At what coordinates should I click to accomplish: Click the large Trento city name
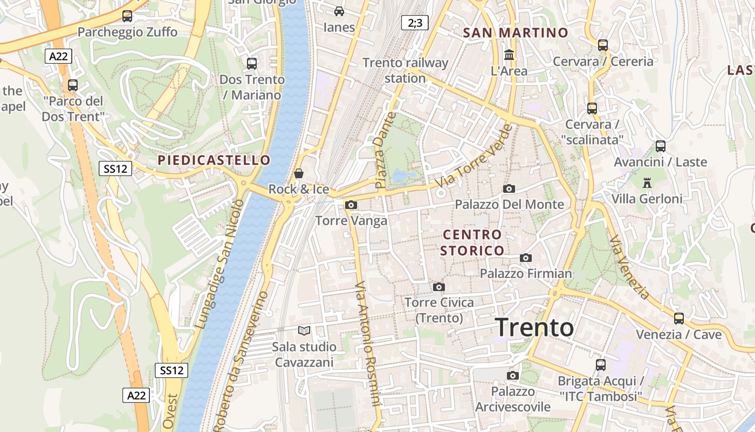pyautogui.click(x=534, y=327)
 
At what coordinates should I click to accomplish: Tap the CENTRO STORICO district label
pyautogui.click(x=472, y=242)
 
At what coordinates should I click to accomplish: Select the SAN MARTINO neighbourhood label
pyautogui.click(x=516, y=32)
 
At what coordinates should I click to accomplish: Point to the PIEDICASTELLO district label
pyautogui.click(x=214, y=160)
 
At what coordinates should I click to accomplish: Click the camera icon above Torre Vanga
pyautogui.click(x=351, y=205)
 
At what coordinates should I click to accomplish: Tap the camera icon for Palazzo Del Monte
pyautogui.click(x=509, y=188)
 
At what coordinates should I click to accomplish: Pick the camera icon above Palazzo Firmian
pyautogui.click(x=526, y=258)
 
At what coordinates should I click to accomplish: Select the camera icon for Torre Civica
pyautogui.click(x=439, y=287)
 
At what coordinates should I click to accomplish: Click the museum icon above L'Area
pyautogui.click(x=509, y=55)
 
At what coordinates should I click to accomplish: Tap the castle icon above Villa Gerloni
pyautogui.click(x=647, y=183)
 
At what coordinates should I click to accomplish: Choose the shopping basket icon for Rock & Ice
pyautogui.click(x=299, y=173)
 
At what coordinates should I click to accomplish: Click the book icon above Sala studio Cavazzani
pyautogui.click(x=304, y=330)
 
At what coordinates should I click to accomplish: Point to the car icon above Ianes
pyautogui.click(x=339, y=11)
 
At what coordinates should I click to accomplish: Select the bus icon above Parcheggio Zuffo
pyautogui.click(x=127, y=16)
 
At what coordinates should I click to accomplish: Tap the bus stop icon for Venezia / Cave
pyautogui.click(x=678, y=319)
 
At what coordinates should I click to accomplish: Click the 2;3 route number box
pyautogui.click(x=415, y=23)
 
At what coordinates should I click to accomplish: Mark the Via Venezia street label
pyautogui.click(x=630, y=267)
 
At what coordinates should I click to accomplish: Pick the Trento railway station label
pyautogui.click(x=405, y=70)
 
